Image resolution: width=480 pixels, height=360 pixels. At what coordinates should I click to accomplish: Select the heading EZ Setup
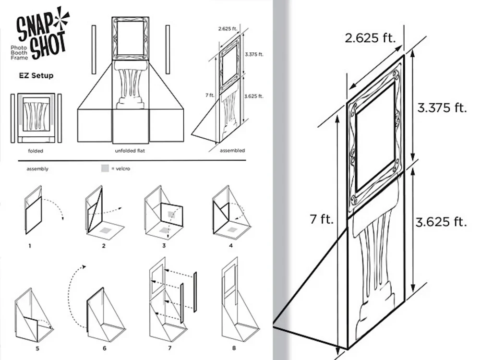tap(36, 75)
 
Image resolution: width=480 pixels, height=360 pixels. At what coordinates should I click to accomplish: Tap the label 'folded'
tap(36, 151)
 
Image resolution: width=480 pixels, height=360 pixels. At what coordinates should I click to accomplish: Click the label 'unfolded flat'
tap(130, 151)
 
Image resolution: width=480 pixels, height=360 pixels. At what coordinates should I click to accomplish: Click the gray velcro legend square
tap(105, 168)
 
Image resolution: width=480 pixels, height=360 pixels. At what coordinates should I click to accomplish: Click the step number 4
tap(231, 246)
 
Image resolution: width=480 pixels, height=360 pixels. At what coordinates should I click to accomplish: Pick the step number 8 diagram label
tap(234, 348)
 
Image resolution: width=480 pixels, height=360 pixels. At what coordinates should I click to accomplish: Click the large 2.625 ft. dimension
tap(370, 38)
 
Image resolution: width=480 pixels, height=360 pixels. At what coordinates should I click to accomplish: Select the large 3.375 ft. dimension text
tap(442, 108)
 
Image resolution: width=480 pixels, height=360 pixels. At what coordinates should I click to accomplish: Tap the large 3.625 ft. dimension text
tap(441, 222)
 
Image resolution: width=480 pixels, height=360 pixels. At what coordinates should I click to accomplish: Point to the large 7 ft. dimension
tap(321, 219)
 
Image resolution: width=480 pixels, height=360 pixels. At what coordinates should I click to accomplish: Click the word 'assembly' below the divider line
tap(37, 169)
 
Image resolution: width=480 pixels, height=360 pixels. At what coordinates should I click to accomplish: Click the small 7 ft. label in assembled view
tap(209, 95)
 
